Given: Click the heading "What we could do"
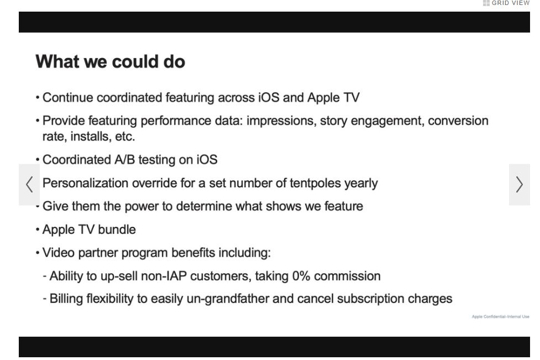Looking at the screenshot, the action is [110, 62].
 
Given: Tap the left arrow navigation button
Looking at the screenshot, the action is [29, 184].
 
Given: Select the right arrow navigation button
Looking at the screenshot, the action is [520, 184].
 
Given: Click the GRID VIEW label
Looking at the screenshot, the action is [510, 3].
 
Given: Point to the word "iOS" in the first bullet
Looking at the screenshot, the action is [269, 97].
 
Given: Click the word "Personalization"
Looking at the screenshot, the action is [86, 183].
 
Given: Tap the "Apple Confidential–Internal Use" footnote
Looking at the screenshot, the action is [500, 317].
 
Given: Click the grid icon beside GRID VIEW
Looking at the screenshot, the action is [486, 3].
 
